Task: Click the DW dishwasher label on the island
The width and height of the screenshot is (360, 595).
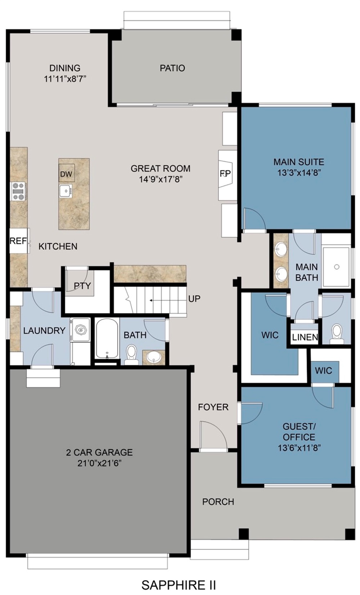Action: click(x=66, y=174)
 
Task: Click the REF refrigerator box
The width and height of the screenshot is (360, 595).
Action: click(x=19, y=241)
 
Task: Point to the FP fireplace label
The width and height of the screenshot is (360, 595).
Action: click(x=225, y=173)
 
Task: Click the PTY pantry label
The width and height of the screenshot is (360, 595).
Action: click(x=82, y=286)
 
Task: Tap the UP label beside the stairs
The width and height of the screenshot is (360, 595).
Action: click(x=194, y=299)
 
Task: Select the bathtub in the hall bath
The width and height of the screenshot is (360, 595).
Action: click(x=107, y=339)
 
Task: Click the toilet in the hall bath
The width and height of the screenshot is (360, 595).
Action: click(x=131, y=355)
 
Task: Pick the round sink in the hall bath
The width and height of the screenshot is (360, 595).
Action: click(x=154, y=357)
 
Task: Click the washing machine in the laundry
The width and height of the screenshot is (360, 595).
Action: click(x=80, y=330)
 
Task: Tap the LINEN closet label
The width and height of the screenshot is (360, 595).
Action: click(x=305, y=337)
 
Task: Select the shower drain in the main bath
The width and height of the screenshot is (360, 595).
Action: click(x=337, y=267)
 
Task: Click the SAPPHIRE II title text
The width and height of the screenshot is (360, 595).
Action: click(x=179, y=585)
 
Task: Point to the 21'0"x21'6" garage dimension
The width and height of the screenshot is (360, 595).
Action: click(x=99, y=463)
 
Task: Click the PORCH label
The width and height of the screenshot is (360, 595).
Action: click(x=218, y=501)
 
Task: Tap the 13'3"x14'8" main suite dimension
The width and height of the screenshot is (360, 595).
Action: click(x=299, y=173)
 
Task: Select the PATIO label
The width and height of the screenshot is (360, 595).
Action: click(x=172, y=68)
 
